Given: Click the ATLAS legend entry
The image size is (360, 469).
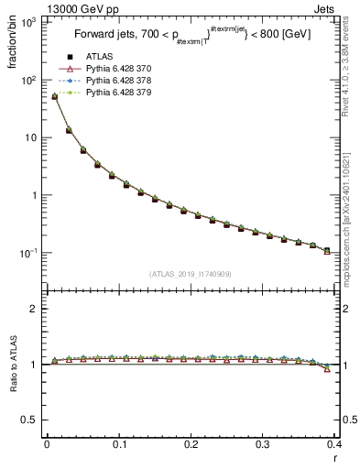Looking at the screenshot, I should click(99, 58).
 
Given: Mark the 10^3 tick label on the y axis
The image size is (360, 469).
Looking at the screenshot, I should click(29, 22).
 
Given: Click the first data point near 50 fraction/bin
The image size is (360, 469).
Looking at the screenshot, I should click(54, 96).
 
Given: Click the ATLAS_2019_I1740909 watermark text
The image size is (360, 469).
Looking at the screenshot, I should click(191, 274).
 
